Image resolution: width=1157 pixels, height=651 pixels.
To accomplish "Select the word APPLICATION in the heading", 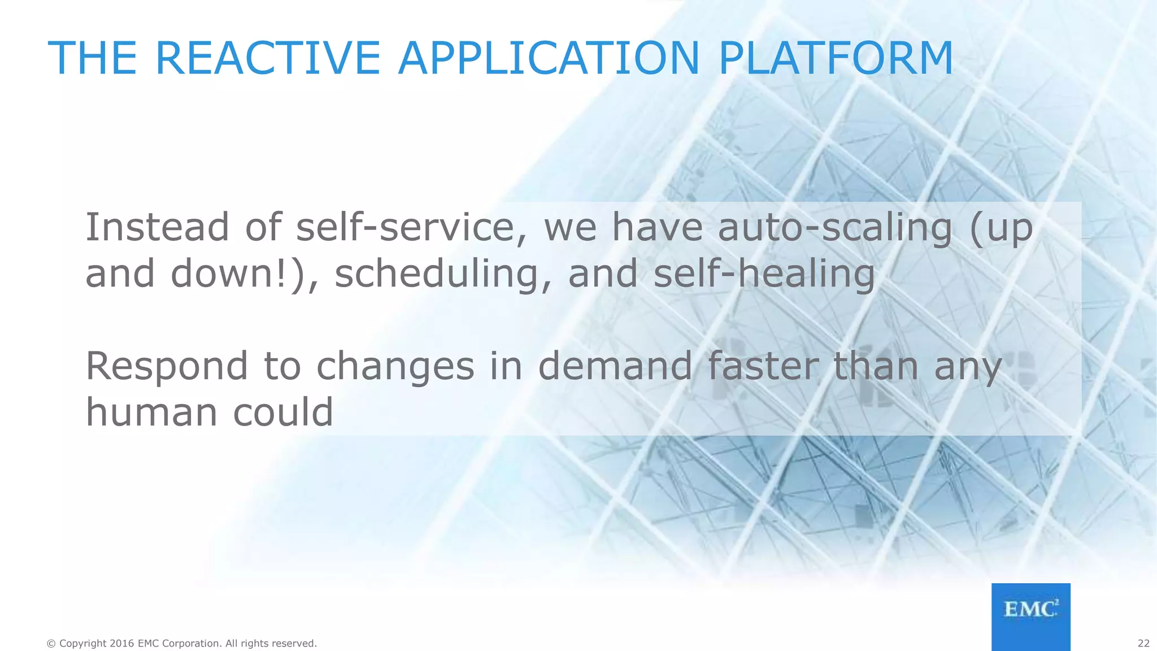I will click(549, 58).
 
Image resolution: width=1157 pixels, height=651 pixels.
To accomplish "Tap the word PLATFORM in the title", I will click(836, 58).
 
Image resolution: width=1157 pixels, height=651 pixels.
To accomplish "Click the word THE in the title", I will click(92, 58).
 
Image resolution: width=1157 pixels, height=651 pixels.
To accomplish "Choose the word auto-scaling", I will click(835, 227).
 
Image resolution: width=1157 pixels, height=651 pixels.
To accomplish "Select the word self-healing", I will click(764, 274).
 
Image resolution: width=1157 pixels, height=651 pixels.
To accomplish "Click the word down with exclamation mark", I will click(237, 274).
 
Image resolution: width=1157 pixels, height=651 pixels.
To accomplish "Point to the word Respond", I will click(167, 366).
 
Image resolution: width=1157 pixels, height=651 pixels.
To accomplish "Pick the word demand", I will click(615, 366).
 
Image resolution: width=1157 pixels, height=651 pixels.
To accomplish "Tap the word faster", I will click(763, 366).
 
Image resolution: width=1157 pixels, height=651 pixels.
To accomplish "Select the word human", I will click(151, 413).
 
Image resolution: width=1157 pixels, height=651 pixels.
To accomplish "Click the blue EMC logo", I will click(1030, 617).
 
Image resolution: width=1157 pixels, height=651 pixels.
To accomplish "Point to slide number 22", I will click(1143, 644).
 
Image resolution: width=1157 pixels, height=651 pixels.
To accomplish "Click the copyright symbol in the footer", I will click(51, 644).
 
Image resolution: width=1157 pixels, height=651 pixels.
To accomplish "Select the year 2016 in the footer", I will click(122, 644).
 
